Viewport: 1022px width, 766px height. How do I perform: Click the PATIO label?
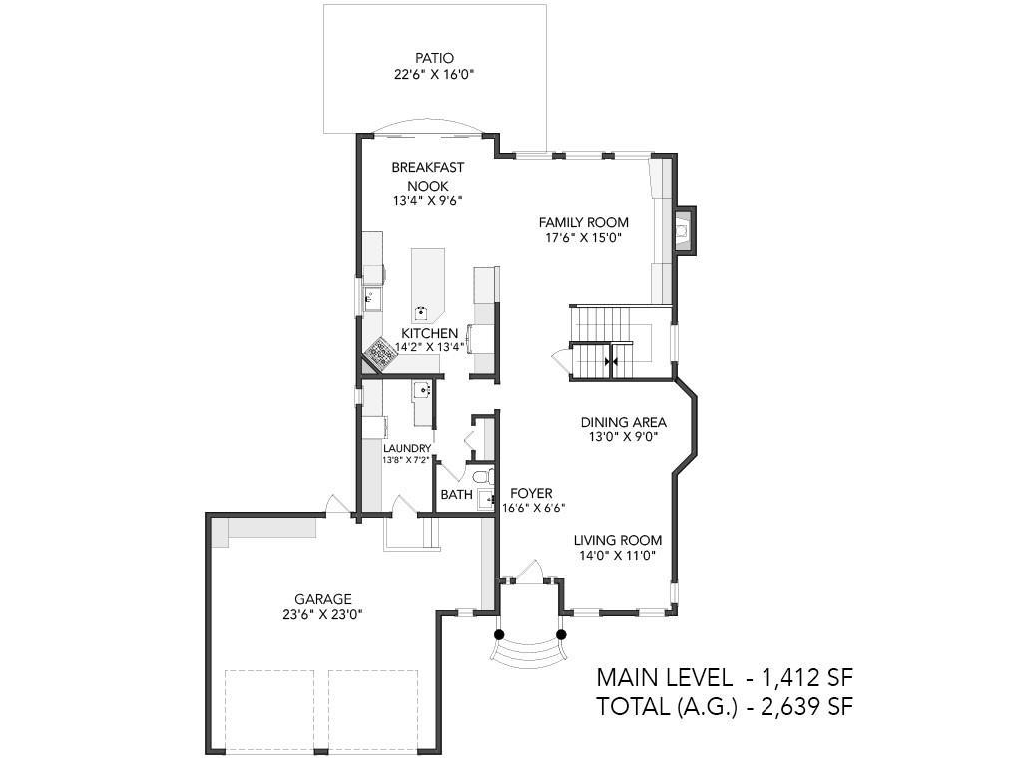point(434,59)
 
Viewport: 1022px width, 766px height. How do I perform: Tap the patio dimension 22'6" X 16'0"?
point(434,74)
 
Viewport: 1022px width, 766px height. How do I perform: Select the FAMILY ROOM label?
point(583,222)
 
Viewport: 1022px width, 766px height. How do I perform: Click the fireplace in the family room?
point(683,230)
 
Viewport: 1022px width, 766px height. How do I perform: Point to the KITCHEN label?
point(429,333)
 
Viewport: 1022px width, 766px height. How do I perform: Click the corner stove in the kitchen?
point(378,354)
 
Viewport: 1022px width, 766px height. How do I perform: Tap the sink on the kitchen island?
point(422,311)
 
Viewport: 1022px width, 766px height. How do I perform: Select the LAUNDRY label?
point(407,448)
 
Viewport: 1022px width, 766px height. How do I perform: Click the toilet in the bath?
point(484,477)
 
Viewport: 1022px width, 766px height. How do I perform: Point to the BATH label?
point(456,495)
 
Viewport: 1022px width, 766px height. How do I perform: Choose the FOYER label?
point(531,493)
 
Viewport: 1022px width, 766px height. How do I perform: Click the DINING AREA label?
point(623,422)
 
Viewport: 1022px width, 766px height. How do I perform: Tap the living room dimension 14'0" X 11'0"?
point(617,556)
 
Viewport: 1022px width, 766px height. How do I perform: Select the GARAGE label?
point(322,599)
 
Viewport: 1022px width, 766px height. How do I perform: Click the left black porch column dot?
point(499,634)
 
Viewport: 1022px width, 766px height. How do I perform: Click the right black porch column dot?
point(561,634)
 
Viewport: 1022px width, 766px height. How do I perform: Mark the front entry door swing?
point(529,570)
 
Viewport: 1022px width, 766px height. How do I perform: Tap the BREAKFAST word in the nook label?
point(427,168)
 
